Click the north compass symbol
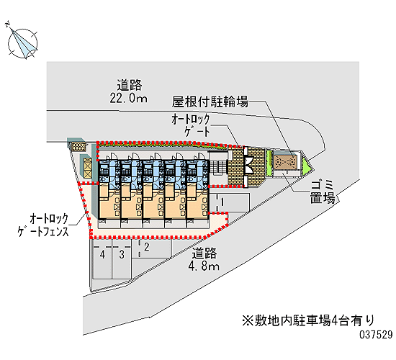pyautogui.click(x=22, y=43)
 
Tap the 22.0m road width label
pyautogui.click(x=129, y=98)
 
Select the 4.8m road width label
pyautogui.click(x=204, y=266)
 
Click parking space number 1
pyautogui.click(x=222, y=202)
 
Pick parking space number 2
pyautogui.click(x=147, y=247)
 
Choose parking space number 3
pyautogui.click(x=122, y=254)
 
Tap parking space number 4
pyautogui.click(x=102, y=254)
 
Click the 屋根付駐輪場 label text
pyautogui.click(x=210, y=102)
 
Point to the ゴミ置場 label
pyautogui.click(x=323, y=192)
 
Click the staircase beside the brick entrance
pyautogui.click(x=218, y=167)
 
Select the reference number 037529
pyautogui.click(x=376, y=335)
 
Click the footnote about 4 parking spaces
pyautogui.click(x=308, y=320)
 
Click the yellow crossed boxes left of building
pyautogui.click(x=88, y=167)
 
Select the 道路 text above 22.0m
pyautogui.click(x=130, y=85)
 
